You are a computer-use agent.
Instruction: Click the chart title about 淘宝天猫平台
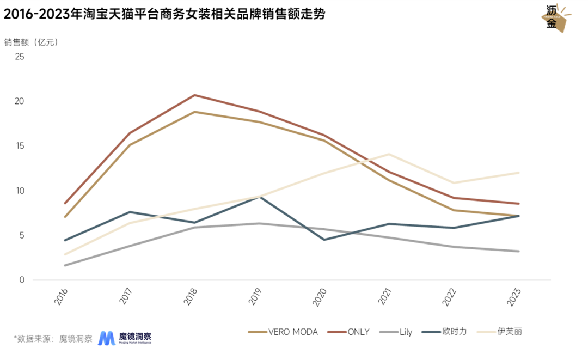[x=164, y=15]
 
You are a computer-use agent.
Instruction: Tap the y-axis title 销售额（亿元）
[x=31, y=42]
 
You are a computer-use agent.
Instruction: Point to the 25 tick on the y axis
[x=20, y=57]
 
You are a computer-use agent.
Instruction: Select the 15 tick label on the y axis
[x=20, y=146]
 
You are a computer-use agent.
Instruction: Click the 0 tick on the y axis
[x=22, y=280]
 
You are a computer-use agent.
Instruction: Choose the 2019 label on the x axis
[x=259, y=296]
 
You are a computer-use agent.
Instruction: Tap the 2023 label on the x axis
[x=516, y=296]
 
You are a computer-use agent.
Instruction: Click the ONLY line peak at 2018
[x=195, y=95]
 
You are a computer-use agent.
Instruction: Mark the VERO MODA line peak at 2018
[x=195, y=112]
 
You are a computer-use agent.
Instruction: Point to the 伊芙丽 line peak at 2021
[x=389, y=154]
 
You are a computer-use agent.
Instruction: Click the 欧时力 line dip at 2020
[x=324, y=240]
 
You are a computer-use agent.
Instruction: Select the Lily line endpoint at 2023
[x=518, y=251]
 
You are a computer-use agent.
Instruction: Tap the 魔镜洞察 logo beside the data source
[x=125, y=338]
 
